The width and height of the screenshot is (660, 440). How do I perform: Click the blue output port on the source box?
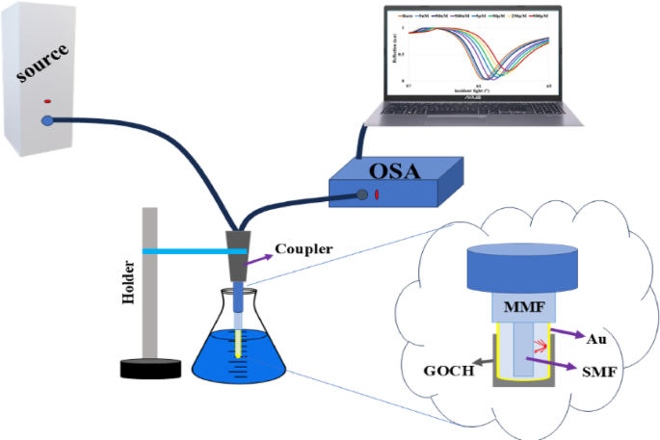click(47, 121)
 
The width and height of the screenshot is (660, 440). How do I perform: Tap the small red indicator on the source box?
click(46, 100)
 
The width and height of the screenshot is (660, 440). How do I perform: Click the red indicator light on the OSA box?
click(377, 196)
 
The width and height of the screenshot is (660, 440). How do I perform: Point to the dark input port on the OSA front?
click(363, 196)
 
